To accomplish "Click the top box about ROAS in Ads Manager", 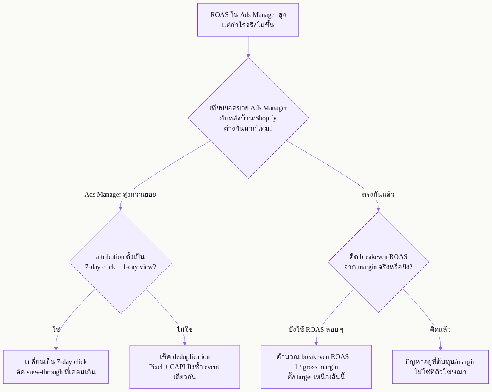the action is pos(248,20).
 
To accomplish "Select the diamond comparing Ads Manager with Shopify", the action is pos(248,118).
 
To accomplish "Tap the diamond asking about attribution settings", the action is pos(120,262).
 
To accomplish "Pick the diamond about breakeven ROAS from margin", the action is pos(378,262).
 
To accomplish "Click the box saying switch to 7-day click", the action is pos(56,367).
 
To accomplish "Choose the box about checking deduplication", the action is pos(185,367).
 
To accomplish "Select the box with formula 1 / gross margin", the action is pos(316,367).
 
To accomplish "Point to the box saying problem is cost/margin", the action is pos(440,367).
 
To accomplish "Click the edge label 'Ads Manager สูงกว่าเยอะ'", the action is pos(120,194).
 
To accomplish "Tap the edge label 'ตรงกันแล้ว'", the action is pos(378,194).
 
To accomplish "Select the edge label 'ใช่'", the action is pos(56,329).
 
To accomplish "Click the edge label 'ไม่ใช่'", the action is pos(185,329).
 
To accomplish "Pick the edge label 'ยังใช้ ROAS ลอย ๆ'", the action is pos(316,329).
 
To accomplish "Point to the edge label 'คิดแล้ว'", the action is pos(440,329).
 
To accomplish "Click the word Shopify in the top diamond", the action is pos(266,118).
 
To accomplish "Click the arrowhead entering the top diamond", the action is pos(248,56).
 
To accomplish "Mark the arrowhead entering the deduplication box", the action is pos(185,343).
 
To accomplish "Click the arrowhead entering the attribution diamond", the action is pos(120,208).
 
